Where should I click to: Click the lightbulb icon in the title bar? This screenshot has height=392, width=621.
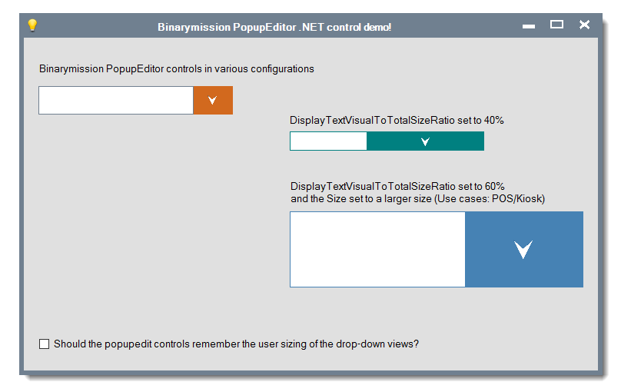32,25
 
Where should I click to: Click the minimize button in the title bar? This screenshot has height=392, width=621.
528,27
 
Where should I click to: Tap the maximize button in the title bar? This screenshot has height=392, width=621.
556,25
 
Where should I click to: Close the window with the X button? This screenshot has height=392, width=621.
584,25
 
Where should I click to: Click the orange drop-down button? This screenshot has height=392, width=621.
213,100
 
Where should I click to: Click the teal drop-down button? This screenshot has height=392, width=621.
425,141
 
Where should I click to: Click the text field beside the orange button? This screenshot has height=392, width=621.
116,100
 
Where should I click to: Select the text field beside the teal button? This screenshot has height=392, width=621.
328,141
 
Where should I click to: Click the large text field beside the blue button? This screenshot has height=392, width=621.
377,250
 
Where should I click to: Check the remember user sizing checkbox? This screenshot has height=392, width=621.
45,344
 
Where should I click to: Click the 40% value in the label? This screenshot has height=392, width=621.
493,121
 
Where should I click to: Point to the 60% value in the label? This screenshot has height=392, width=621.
494,187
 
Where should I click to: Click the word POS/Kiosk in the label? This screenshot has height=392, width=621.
519,199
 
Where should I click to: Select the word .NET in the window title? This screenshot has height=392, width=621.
312,27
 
